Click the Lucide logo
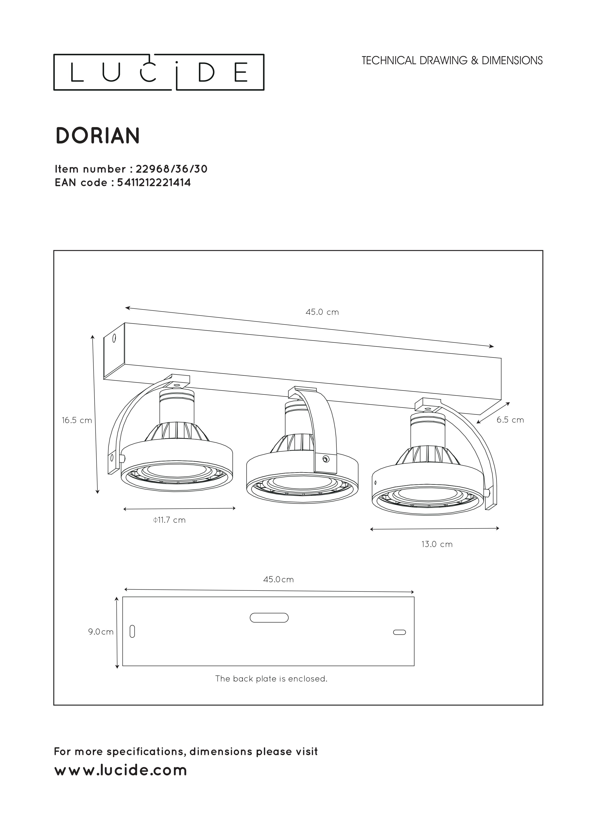(x=159, y=72)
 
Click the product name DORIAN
(x=98, y=136)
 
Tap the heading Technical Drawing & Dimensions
(x=452, y=61)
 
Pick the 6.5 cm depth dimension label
(x=510, y=420)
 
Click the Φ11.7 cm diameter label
(x=169, y=520)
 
